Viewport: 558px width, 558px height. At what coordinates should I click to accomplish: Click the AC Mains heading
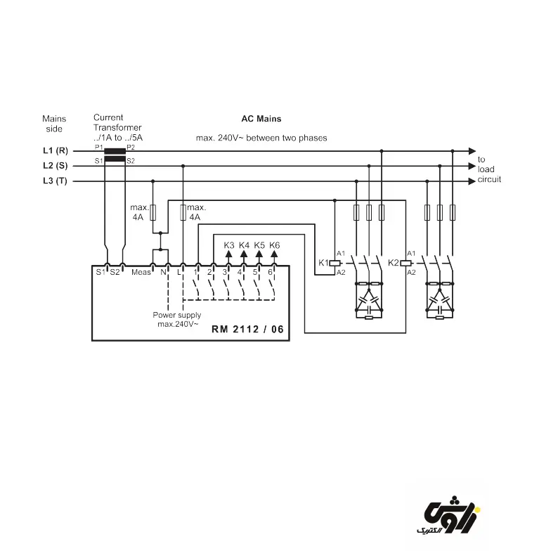pos(261,119)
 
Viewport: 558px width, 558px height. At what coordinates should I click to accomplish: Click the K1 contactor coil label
pos(324,262)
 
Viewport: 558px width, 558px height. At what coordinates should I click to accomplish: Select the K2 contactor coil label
pos(394,262)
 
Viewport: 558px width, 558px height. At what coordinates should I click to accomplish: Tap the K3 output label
pos(229,245)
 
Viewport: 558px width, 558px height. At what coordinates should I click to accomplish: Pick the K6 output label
pos(275,245)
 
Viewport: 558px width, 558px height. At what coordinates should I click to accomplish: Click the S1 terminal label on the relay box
pos(99,272)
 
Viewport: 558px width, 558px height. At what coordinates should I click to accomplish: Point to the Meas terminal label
pos(141,272)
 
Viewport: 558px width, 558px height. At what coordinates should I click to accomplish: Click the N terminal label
pos(163,272)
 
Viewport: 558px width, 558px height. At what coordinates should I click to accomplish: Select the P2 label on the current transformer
pos(131,147)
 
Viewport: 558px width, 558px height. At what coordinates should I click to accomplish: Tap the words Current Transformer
pos(117,123)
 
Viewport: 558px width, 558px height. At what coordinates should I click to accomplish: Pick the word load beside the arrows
pos(486,169)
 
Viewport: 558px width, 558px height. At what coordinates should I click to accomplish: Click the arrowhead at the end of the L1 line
pos(472,151)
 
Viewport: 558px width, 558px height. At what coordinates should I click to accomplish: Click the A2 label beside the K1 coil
pos(341,272)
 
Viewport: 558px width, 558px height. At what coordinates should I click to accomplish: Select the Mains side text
pos(53,124)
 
